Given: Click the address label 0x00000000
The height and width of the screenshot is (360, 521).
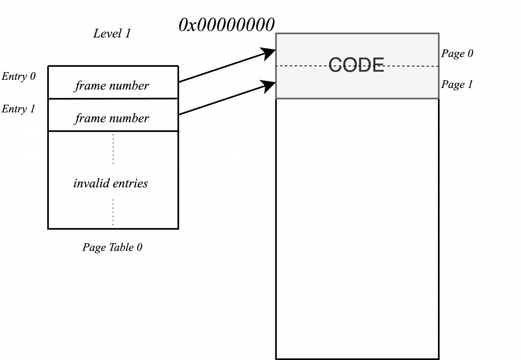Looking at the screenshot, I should pyautogui.click(x=226, y=25).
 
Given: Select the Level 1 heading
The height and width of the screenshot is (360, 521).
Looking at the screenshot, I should pyautogui.click(x=112, y=33).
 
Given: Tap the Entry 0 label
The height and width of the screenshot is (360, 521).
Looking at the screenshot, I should pyautogui.click(x=19, y=76).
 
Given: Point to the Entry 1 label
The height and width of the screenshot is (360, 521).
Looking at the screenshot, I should pyautogui.click(x=18, y=109).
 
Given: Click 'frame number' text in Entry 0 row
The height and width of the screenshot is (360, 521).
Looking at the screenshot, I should pyautogui.click(x=112, y=86).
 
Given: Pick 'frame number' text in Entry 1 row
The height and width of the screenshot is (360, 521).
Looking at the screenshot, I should pyautogui.click(x=112, y=119).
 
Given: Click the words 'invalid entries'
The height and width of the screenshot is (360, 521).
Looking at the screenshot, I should pyautogui.click(x=111, y=183).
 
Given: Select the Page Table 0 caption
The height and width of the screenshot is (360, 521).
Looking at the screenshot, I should pyautogui.click(x=112, y=247).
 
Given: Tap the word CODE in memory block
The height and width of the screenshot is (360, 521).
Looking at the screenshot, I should pyautogui.click(x=356, y=65).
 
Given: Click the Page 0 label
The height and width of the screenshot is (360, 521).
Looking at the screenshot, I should pyautogui.click(x=457, y=53).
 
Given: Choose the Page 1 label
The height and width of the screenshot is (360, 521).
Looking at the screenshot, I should pyautogui.click(x=457, y=84).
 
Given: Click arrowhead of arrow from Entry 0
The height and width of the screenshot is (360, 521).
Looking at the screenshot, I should pyautogui.click(x=269, y=54).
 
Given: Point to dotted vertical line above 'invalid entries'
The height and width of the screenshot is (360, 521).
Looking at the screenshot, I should pyautogui.click(x=113, y=149).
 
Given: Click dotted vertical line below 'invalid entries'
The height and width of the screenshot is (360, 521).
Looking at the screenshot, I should pyautogui.click(x=113, y=212).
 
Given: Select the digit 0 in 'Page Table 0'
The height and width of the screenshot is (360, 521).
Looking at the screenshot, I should pyautogui.click(x=139, y=247).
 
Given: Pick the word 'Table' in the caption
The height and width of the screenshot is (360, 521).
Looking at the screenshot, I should pyautogui.click(x=121, y=247).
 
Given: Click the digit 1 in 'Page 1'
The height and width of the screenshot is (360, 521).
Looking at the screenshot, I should pyautogui.click(x=470, y=84).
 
